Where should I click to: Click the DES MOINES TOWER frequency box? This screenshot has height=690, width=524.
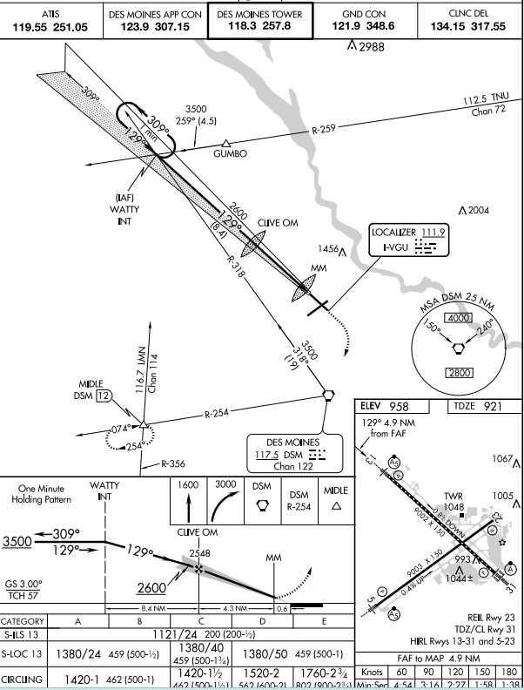[259, 21]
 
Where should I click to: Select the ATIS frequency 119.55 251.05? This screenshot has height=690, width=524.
[50, 21]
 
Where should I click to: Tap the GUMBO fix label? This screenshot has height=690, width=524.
[231, 153]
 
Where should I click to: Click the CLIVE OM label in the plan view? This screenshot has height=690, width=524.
[278, 223]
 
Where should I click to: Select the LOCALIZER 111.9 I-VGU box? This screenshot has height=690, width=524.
[408, 240]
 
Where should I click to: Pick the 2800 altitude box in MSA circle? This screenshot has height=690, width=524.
[458, 374]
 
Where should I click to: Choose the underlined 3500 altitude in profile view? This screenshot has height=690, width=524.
[17, 542]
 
